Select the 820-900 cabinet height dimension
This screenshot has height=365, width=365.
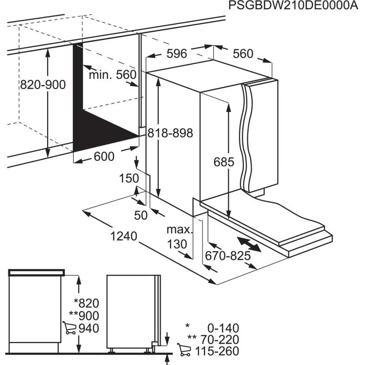pos(43,85)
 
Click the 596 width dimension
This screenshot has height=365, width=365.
pos(177,54)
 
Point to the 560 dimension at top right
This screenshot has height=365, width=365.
pos(243,54)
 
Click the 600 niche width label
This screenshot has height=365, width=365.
pos(104,156)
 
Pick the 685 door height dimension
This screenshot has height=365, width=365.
pos(224,162)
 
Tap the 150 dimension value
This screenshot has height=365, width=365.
pos(129,179)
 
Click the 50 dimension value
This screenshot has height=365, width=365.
pos(140,215)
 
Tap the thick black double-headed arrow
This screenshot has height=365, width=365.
pos(248,244)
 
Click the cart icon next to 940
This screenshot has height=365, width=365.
pos(69,328)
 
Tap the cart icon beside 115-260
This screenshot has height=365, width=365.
pos(184,349)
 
